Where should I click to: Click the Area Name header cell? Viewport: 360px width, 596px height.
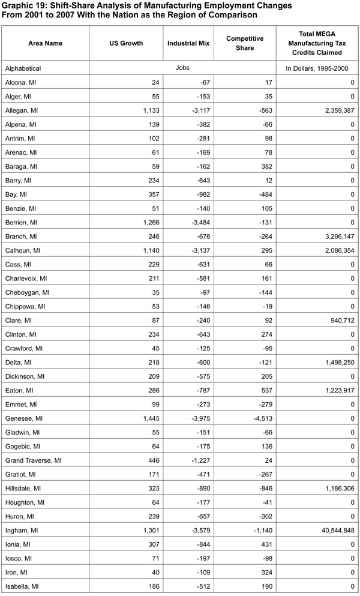click(x=46, y=43)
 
